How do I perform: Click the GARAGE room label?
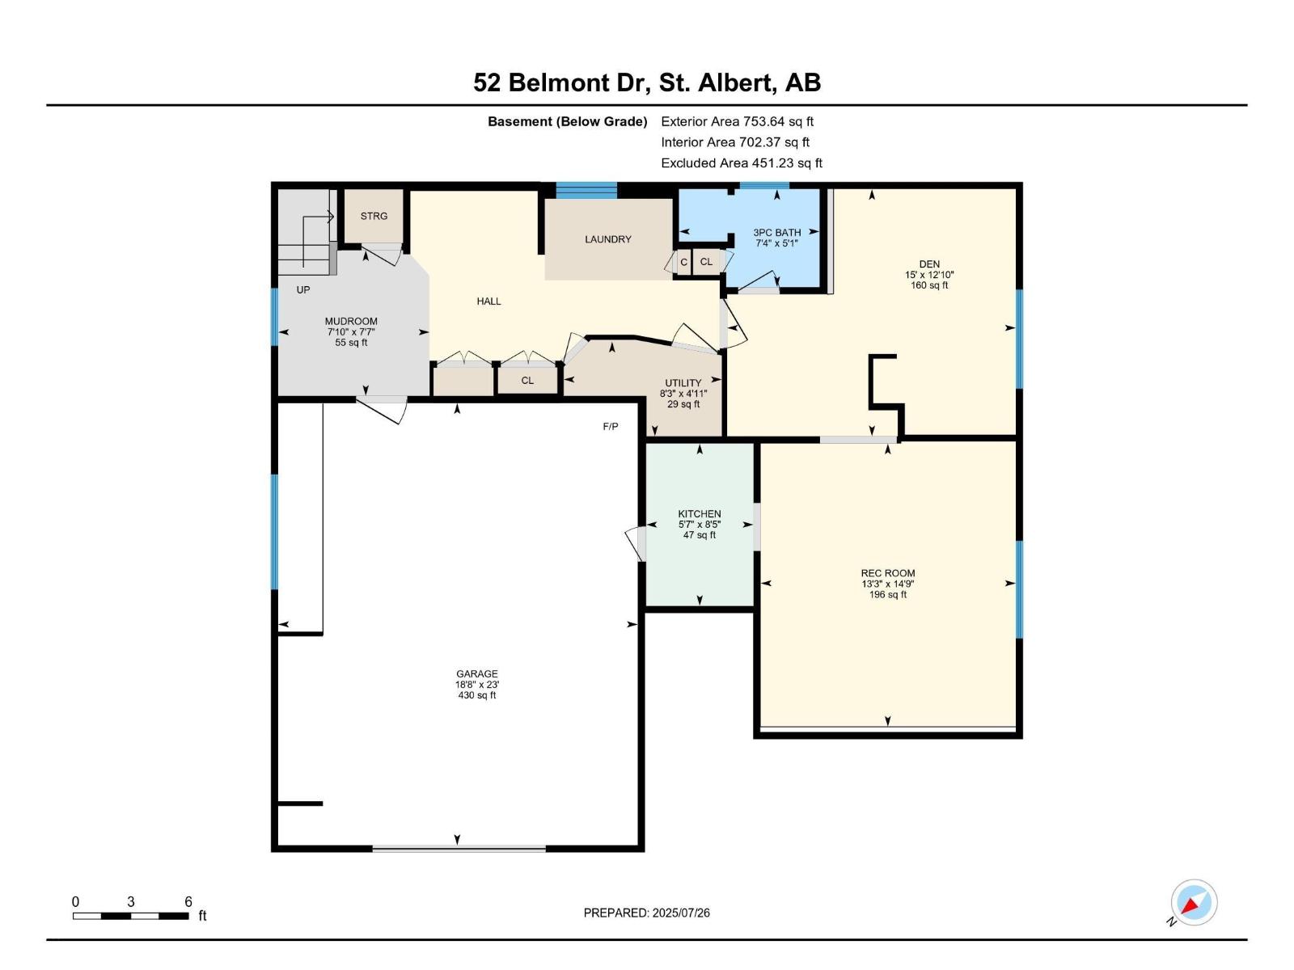pos(476,674)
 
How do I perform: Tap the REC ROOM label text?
pos(888,573)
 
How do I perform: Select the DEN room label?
pos(929,264)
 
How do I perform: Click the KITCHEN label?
pos(700,514)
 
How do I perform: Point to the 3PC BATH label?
pos(776,233)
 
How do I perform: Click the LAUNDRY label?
pos(608,239)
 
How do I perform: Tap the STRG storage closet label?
pos(374,217)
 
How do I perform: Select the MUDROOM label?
pos(351,322)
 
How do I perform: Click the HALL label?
pos(488,302)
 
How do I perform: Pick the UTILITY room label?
pos(683,383)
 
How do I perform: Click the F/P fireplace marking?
pos(611,427)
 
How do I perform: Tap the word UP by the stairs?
pos(303,289)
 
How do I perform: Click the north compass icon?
pos(1194,902)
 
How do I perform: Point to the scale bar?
pos(131,916)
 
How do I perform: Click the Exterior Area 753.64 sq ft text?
pos(737,122)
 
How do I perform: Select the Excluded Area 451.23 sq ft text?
pos(742,163)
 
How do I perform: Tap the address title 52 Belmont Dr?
pos(647,82)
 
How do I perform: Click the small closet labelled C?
pos(683,262)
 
